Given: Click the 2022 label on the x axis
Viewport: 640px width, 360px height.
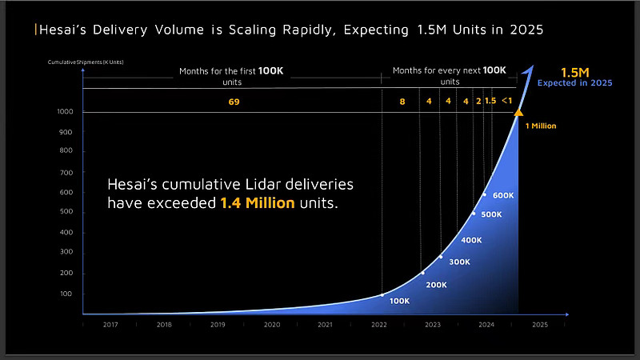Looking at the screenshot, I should pos(379,325).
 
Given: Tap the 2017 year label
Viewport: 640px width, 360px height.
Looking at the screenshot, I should pos(110,325).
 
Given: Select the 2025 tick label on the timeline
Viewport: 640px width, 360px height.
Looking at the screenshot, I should pos(540,325).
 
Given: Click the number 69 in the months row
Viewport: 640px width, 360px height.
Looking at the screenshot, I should pos(234,102).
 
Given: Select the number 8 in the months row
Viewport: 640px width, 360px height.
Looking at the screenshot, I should pos(402,102).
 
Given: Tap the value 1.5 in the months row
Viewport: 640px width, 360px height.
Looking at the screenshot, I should pos(490,102).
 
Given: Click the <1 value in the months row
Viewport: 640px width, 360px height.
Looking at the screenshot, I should pos(506,102).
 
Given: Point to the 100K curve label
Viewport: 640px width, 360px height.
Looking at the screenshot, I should pos(399,301).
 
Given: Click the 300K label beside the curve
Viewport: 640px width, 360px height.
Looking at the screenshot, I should pos(459,262).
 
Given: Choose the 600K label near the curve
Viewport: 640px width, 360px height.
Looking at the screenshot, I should pos(502,196).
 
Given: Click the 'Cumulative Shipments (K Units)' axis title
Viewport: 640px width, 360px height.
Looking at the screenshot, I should pos(86,62).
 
